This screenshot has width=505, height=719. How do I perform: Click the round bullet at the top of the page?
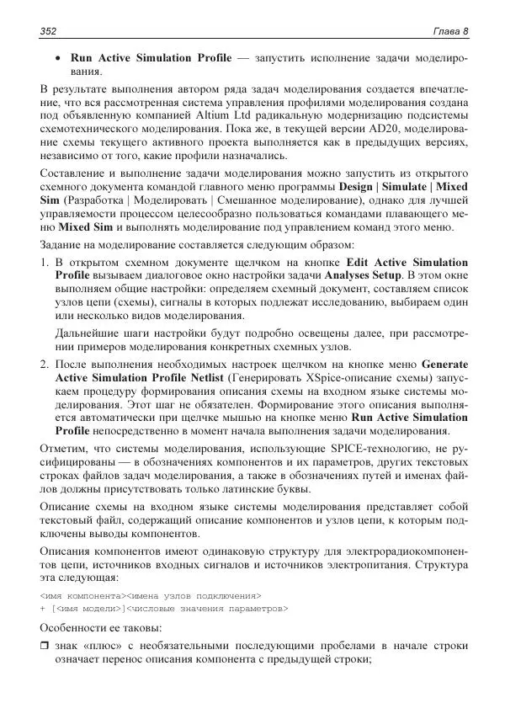coord(58,60)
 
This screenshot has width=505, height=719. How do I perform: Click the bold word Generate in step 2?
coord(443,365)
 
